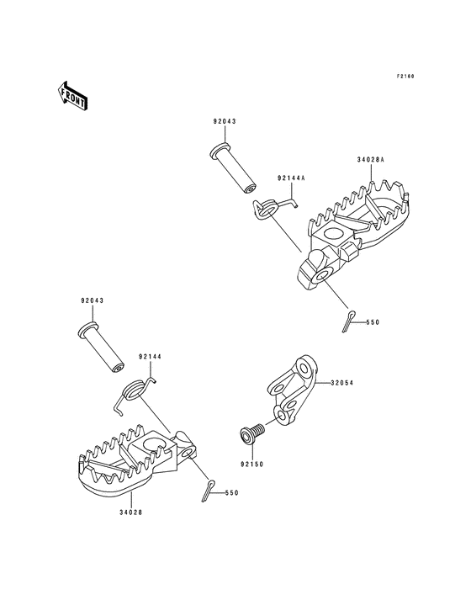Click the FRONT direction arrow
point(72,95)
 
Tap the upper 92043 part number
point(225,122)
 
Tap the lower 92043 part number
point(93,301)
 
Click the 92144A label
point(291,178)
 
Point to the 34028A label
point(371,160)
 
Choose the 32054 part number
point(341,383)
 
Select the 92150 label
point(252,465)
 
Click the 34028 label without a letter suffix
point(130,512)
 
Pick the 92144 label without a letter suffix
point(150,357)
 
